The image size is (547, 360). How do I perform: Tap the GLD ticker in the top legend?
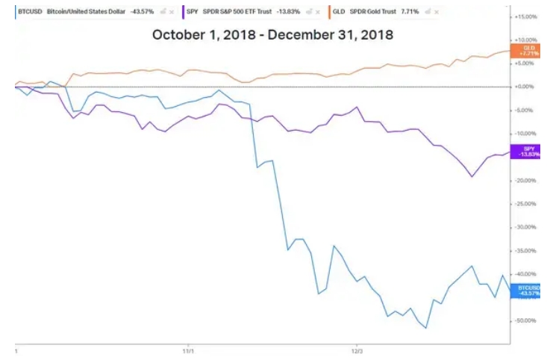point(338,13)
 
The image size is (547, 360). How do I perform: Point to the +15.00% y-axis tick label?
point(526,16)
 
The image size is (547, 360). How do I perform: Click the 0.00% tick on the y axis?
point(527,87)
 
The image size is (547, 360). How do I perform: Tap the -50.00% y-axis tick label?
point(526,320)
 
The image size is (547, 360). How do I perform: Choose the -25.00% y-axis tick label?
point(526,203)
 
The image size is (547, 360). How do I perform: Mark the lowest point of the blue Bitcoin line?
point(426,328)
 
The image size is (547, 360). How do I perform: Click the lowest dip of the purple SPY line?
point(472,176)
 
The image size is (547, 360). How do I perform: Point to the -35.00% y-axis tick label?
point(526,250)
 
